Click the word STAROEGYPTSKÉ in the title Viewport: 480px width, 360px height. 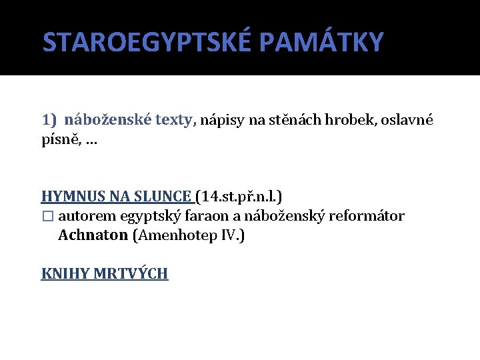tap(147, 42)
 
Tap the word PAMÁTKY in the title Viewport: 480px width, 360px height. tap(321, 42)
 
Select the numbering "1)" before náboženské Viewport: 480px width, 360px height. tap(50, 120)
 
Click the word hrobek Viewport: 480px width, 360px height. tap(354, 120)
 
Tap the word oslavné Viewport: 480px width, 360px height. tap(408, 120)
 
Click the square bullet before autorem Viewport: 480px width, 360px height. tap(47, 217)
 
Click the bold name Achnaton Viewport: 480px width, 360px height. tap(93, 235)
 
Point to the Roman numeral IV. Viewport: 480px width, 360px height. tap(231, 235)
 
